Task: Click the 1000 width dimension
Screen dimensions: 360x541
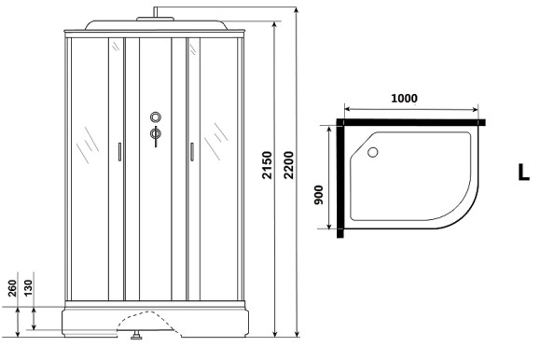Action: (404, 100)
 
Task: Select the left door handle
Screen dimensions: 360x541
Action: (119, 153)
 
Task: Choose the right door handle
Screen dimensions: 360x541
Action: (190, 152)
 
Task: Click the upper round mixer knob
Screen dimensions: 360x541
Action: (155, 118)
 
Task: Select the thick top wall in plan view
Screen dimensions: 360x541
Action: (410, 121)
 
